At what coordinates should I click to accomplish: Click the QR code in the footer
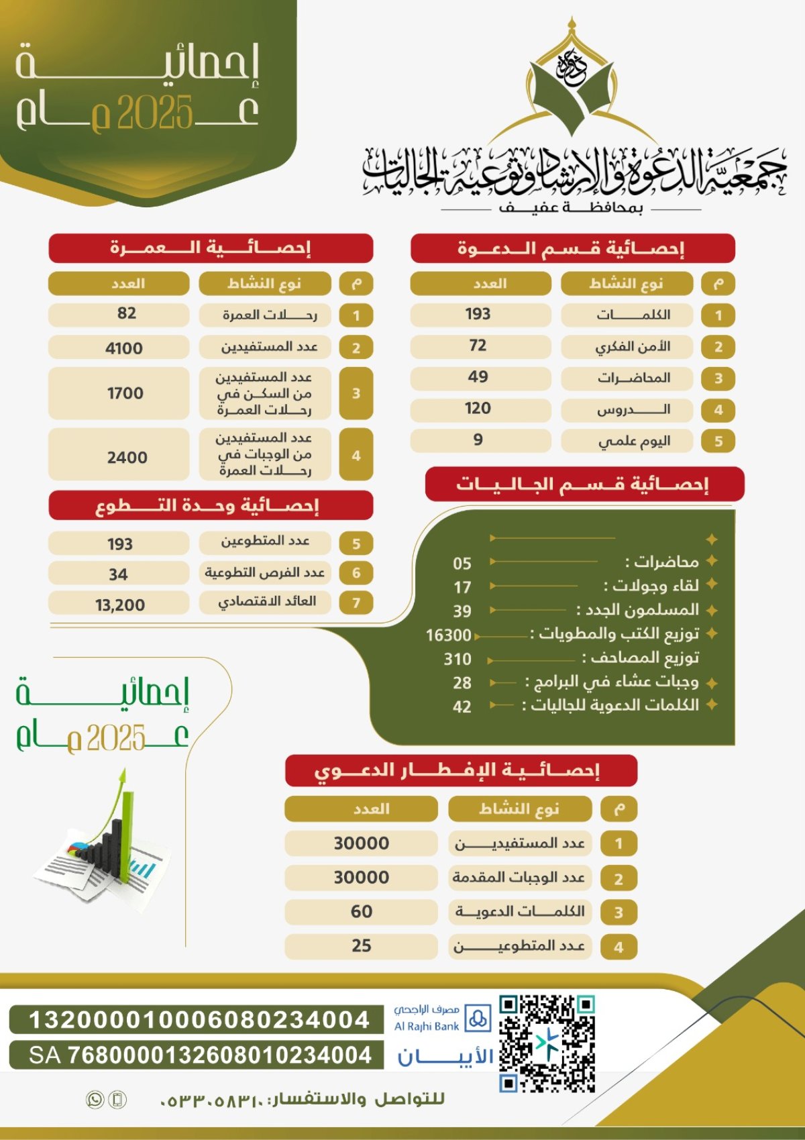547,1043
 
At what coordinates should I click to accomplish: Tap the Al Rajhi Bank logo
442,1019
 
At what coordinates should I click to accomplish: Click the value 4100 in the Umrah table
124,348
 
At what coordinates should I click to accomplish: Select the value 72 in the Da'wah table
478,346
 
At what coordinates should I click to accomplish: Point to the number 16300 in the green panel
449,635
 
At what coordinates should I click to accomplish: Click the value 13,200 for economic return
120,605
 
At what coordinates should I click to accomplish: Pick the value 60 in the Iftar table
361,912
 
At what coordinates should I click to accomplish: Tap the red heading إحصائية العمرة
211,248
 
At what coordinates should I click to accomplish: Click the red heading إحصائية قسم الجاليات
584,484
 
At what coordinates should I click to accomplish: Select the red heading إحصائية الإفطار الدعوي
460,770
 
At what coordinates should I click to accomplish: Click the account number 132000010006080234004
199,1020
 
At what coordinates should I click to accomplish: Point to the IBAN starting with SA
199,1055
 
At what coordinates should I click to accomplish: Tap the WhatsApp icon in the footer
95,1100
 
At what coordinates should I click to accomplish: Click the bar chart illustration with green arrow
101,845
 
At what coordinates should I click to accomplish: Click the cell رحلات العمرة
269,315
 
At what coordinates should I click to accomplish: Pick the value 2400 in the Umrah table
127,458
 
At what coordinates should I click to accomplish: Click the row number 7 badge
356,603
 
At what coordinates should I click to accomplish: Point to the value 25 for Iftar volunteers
361,946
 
